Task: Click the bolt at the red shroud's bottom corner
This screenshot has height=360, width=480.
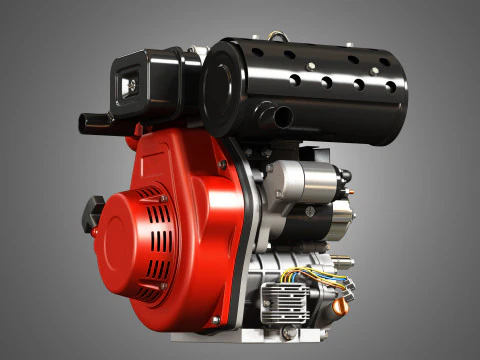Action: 213,321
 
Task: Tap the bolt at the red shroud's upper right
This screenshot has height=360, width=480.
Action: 222,163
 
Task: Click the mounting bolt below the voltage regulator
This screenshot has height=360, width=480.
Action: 288,332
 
